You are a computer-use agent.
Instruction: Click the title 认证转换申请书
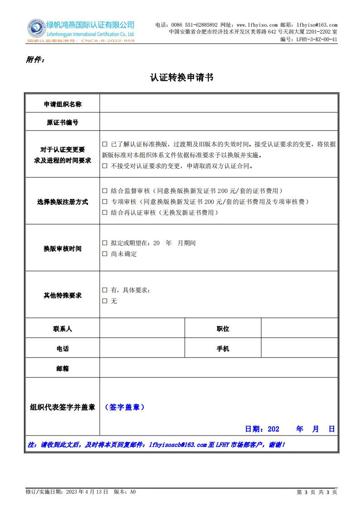coord(181,78)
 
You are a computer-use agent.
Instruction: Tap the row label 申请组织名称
coord(63,104)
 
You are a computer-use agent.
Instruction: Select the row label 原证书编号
coord(63,122)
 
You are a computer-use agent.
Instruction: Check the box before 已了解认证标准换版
coord(105,145)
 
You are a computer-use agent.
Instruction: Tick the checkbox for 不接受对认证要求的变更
coord(105,166)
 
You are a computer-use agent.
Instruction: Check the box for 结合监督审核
coord(105,191)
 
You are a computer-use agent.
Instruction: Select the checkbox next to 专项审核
coord(105,202)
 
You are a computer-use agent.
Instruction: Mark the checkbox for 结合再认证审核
coord(105,213)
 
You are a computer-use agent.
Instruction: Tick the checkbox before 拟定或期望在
coord(105,243)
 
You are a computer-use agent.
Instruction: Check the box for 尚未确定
coord(105,254)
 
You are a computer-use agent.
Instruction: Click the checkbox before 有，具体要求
coord(105,290)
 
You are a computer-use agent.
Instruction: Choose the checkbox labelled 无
coord(105,301)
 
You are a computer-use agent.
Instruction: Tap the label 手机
coord(223,349)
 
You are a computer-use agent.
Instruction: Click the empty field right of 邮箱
coord(219,368)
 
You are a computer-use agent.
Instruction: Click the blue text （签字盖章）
coord(125,407)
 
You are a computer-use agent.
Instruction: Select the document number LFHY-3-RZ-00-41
coord(316,39)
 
